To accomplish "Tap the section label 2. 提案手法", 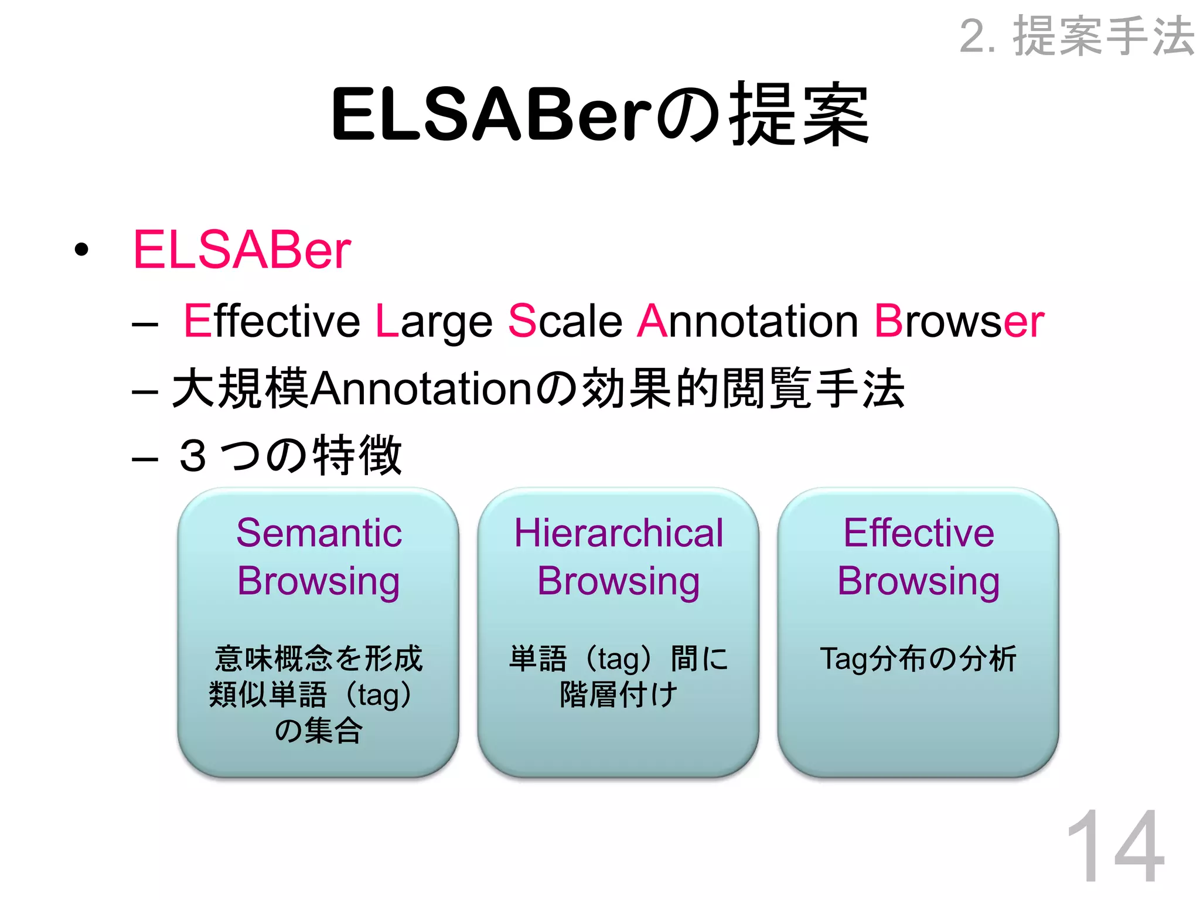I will point(1077,37).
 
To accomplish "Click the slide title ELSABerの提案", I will point(600,114).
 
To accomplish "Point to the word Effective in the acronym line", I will point(272,321).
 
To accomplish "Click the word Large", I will point(434,321).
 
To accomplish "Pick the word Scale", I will point(565,321).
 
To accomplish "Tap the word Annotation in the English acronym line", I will point(748,321).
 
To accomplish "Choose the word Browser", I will point(959,321).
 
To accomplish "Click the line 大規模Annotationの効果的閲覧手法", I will point(538,388).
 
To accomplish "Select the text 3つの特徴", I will point(291,455).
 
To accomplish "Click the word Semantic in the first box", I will point(319,533).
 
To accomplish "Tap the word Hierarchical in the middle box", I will point(619,533).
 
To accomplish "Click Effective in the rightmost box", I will point(918,533).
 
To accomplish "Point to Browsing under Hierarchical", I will point(619,581).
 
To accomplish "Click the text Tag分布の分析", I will point(918,659).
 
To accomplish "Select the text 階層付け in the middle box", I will point(619,695).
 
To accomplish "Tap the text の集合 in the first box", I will point(319,731).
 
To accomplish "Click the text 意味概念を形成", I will point(319,659).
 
